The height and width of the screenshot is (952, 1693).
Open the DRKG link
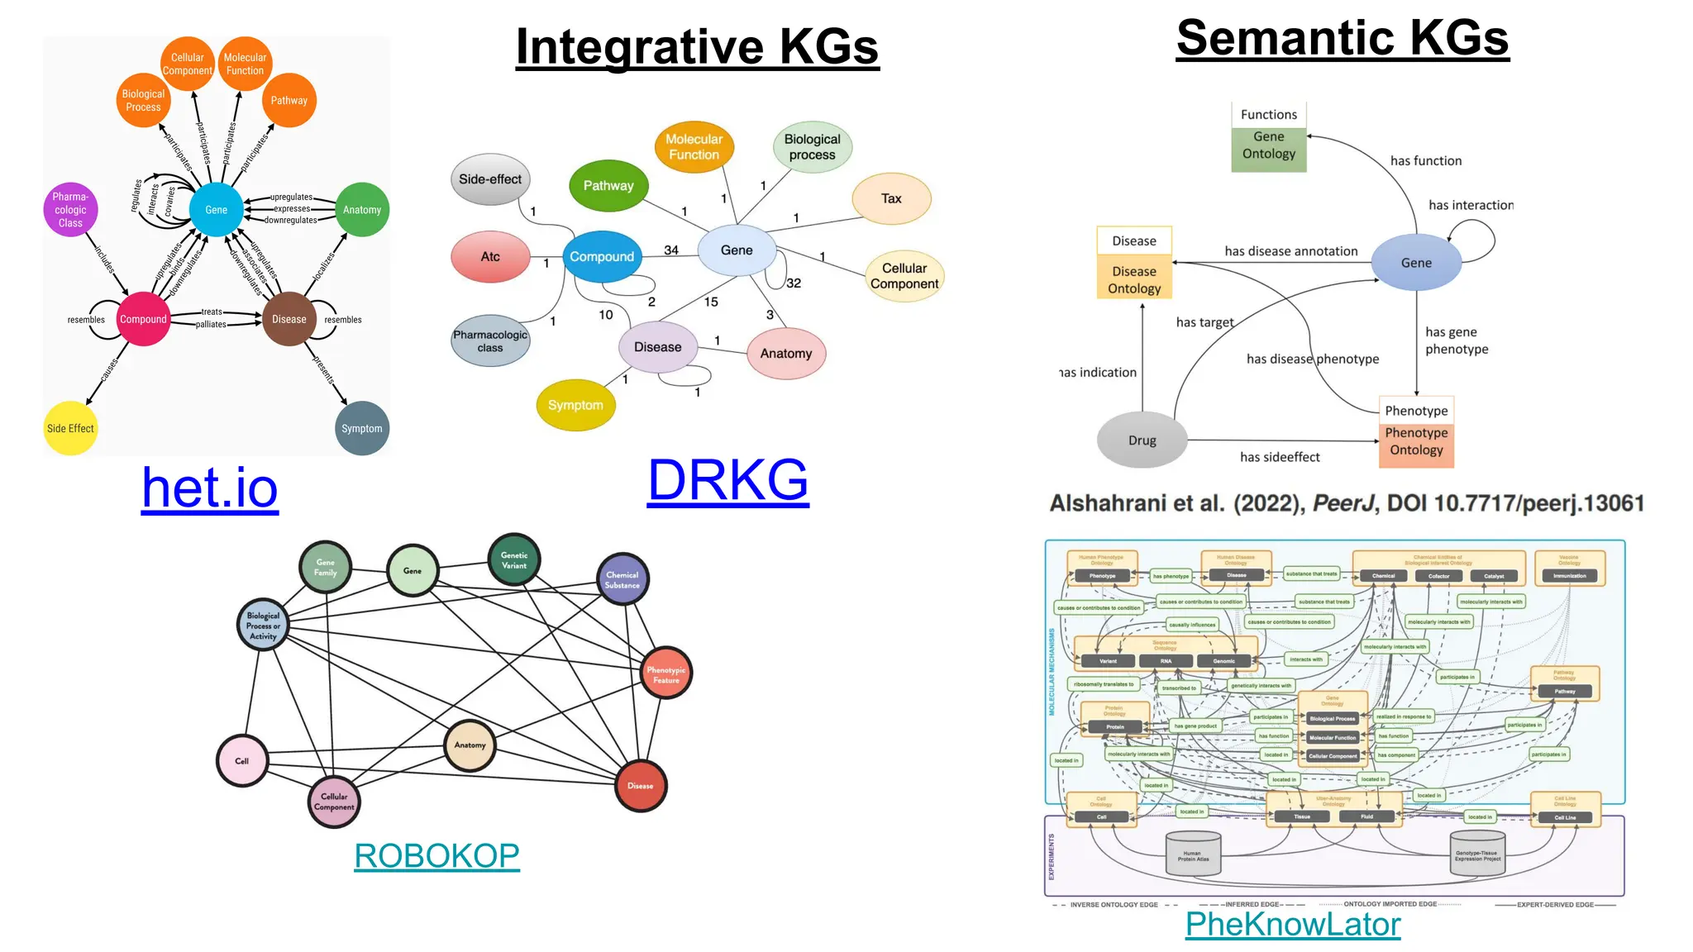(727, 480)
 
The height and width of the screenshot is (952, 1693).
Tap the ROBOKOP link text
(436, 856)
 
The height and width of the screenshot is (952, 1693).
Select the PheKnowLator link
(1293, 924)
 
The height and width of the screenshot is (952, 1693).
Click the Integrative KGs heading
(697, 46)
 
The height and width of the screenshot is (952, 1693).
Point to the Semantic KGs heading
(1342, 38)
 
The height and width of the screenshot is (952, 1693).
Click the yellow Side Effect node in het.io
(70, 428)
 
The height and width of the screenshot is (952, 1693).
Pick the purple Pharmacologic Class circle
(70, 210)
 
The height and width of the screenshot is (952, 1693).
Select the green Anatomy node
(362, 210)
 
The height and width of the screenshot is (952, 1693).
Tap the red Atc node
(490, 257)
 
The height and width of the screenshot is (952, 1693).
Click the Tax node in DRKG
(891, 198)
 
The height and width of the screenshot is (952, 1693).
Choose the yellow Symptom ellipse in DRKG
(575, 405)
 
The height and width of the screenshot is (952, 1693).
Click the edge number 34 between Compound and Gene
(671, 250)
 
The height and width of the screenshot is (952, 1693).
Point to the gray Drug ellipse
(1142, 440)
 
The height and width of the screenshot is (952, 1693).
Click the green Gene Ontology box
(1268, 145)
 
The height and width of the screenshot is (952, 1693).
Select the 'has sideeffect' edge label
(1280, 457)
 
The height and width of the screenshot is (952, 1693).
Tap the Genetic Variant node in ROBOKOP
(514, 560)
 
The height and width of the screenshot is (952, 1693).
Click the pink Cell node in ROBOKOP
(241, 760)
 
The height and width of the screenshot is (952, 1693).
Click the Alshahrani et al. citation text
(1346, 503)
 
